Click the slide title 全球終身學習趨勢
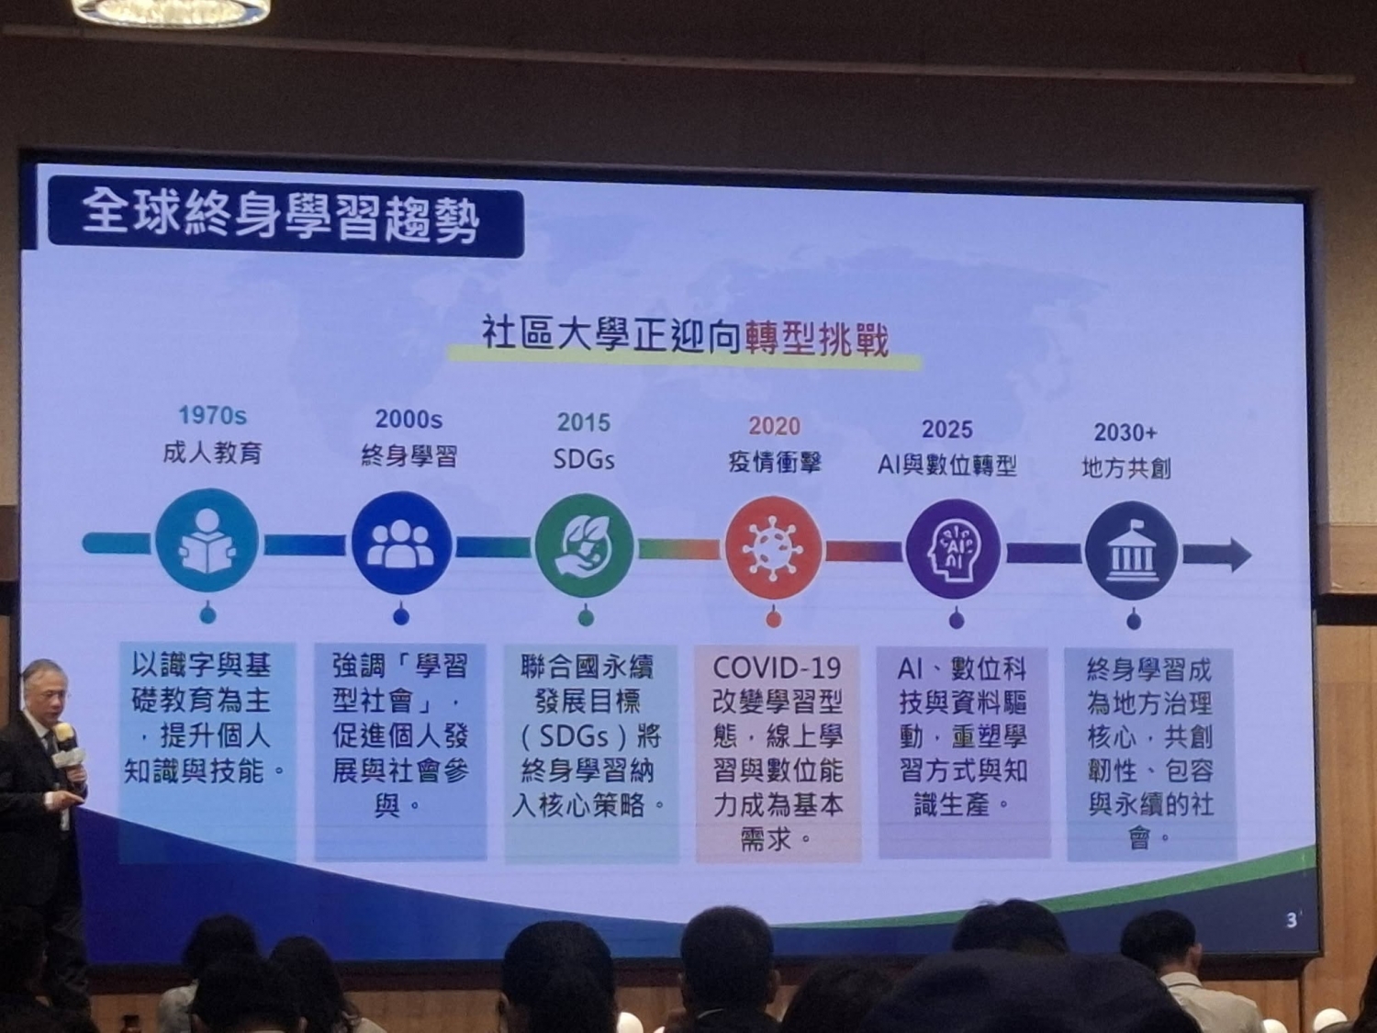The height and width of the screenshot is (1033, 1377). (x=280, y=219)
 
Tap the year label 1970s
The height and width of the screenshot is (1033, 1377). (x=213, y=415)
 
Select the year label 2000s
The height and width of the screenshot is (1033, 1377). (x=409, y=419)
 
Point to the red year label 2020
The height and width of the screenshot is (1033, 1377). (x=774, y=426)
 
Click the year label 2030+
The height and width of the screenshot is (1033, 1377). (x=1125, y=432)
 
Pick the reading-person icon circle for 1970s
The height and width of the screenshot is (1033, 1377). (x=207, y=541)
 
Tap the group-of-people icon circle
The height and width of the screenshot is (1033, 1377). (x=401, y=544)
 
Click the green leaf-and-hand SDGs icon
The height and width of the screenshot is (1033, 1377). (x=585, y=545)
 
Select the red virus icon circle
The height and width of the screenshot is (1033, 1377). (x=774, y=547)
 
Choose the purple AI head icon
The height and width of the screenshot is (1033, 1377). (x=953, y=549)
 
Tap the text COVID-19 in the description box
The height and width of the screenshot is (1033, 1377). (x=777, y=668)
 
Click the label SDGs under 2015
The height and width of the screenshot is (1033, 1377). (x=584, y=460)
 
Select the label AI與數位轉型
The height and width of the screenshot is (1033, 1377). (x=946, y=466)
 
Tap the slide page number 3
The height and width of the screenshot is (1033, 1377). (x=1292, y=921)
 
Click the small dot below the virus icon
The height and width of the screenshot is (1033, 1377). (x=774, y=620)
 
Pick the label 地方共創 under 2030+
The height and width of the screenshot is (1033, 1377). (x=1126, y=468)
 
